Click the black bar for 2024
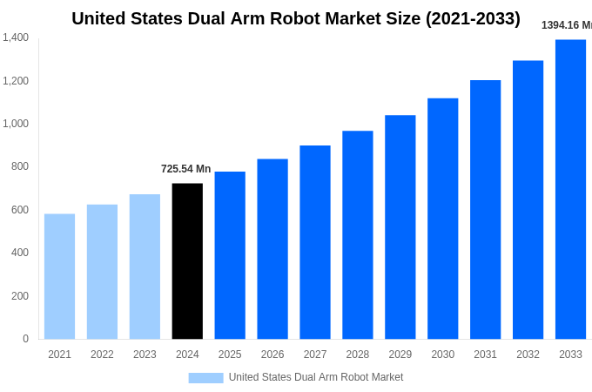187,261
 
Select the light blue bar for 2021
59,276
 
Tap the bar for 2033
570,189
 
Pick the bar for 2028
357,235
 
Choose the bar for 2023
145,267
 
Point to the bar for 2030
442,219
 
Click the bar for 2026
272,249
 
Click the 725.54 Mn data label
185,169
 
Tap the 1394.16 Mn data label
566,25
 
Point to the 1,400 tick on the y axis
16,37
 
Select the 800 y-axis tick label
19,166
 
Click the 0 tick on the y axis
25,339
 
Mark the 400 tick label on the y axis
19,253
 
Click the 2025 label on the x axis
230,355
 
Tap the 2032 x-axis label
528,355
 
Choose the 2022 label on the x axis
102,355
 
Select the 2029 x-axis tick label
400,355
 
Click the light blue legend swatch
205,378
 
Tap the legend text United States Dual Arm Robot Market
316,377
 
